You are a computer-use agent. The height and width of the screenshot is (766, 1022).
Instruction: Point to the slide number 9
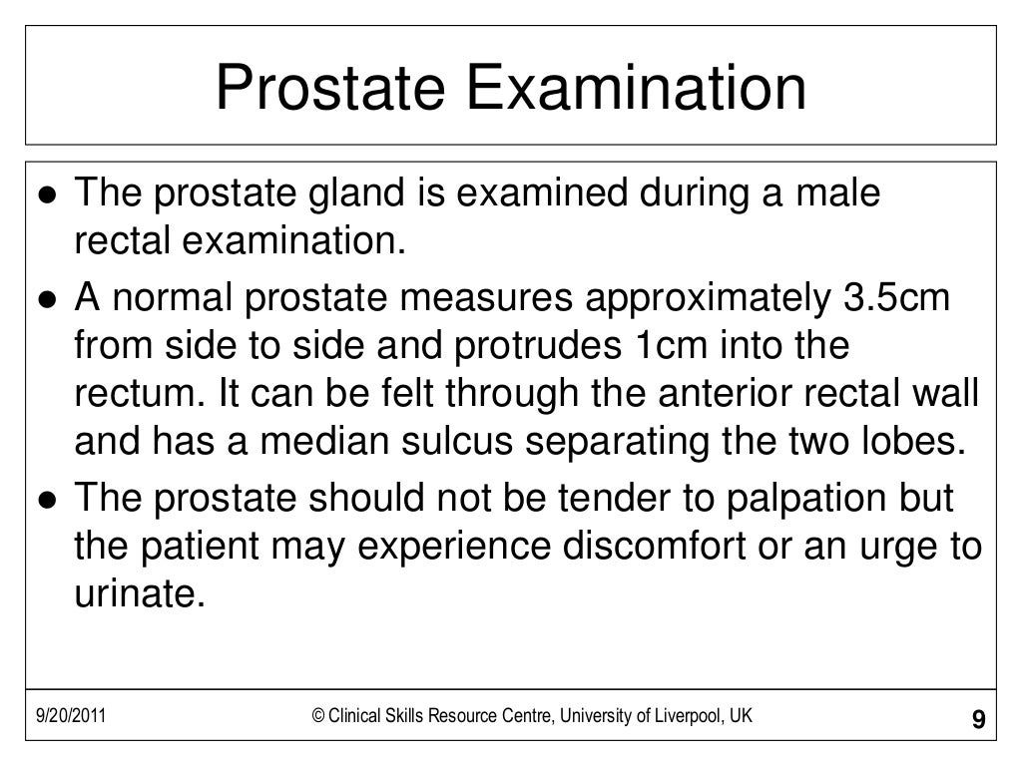[x=977, y=719]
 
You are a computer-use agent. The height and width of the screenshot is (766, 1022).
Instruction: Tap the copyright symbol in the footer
[x=318, y=716]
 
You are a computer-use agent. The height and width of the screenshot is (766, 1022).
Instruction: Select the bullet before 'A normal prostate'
[x=48, y=298]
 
